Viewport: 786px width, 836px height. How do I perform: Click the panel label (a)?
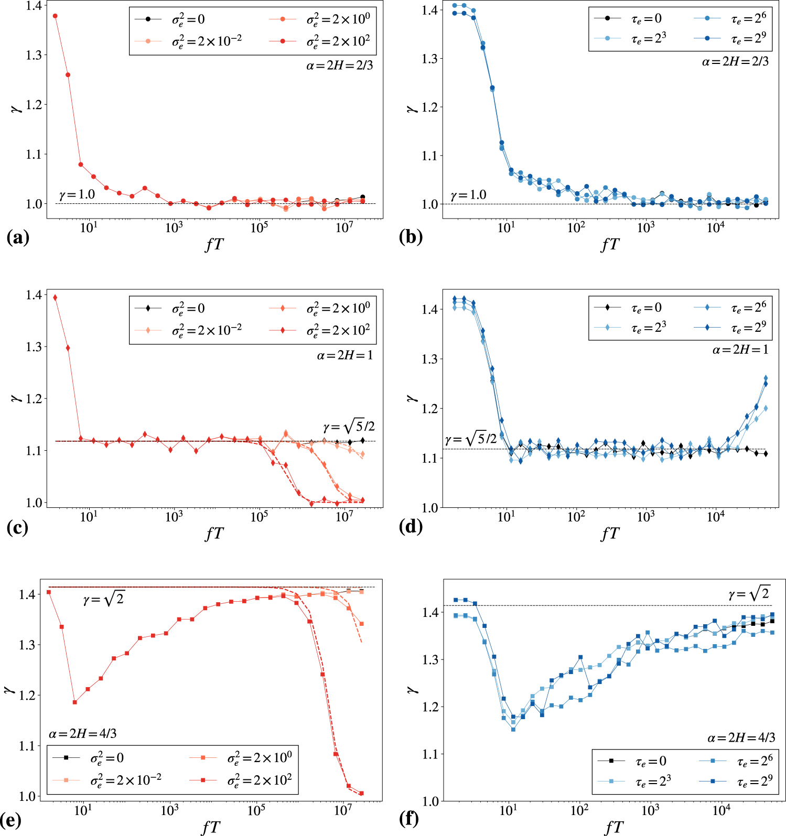click(x=18, y=238)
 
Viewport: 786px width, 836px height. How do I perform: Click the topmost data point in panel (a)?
click(x=55, y=16)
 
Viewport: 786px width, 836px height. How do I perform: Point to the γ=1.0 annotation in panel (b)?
click(x=468, y=195)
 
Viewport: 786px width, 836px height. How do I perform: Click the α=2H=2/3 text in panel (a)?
click(x=339, y=66)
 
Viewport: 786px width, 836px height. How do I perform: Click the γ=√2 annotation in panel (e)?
click(x=103, y=599)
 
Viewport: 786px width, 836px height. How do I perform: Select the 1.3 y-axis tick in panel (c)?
click(x=34, y=346)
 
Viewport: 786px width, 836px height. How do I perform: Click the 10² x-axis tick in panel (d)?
click(x=576, y=517)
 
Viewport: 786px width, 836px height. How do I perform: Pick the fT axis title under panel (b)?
click(x=610, y=244)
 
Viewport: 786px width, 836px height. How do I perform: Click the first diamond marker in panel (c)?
click(x=55, y=298)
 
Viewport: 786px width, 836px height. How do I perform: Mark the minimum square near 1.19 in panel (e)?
click(x=74, y=702)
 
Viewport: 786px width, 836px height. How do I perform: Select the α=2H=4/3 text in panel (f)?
click(x=741, y=738)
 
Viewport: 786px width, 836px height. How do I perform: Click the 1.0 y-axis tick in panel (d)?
click(x=430, y=507)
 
